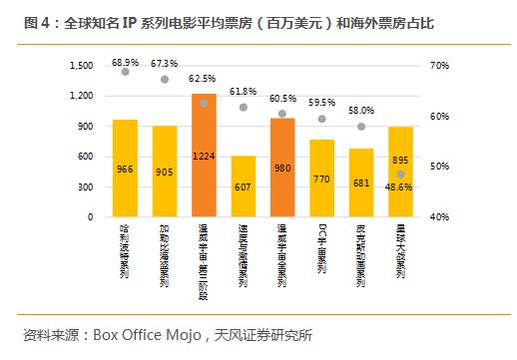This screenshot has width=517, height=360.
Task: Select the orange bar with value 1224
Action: (204, 155)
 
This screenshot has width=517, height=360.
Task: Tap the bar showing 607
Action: (243, 186)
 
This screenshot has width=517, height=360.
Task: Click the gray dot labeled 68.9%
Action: (125, 72)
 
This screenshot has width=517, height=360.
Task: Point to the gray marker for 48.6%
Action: (400, 174)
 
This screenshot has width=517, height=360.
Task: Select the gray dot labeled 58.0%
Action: (361, 127)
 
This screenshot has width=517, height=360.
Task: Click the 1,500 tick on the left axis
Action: (81, 66)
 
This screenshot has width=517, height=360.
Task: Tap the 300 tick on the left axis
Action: (86, 186)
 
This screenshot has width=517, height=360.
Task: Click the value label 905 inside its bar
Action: (165, 171)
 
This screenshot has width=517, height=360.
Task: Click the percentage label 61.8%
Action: (243, 91)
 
